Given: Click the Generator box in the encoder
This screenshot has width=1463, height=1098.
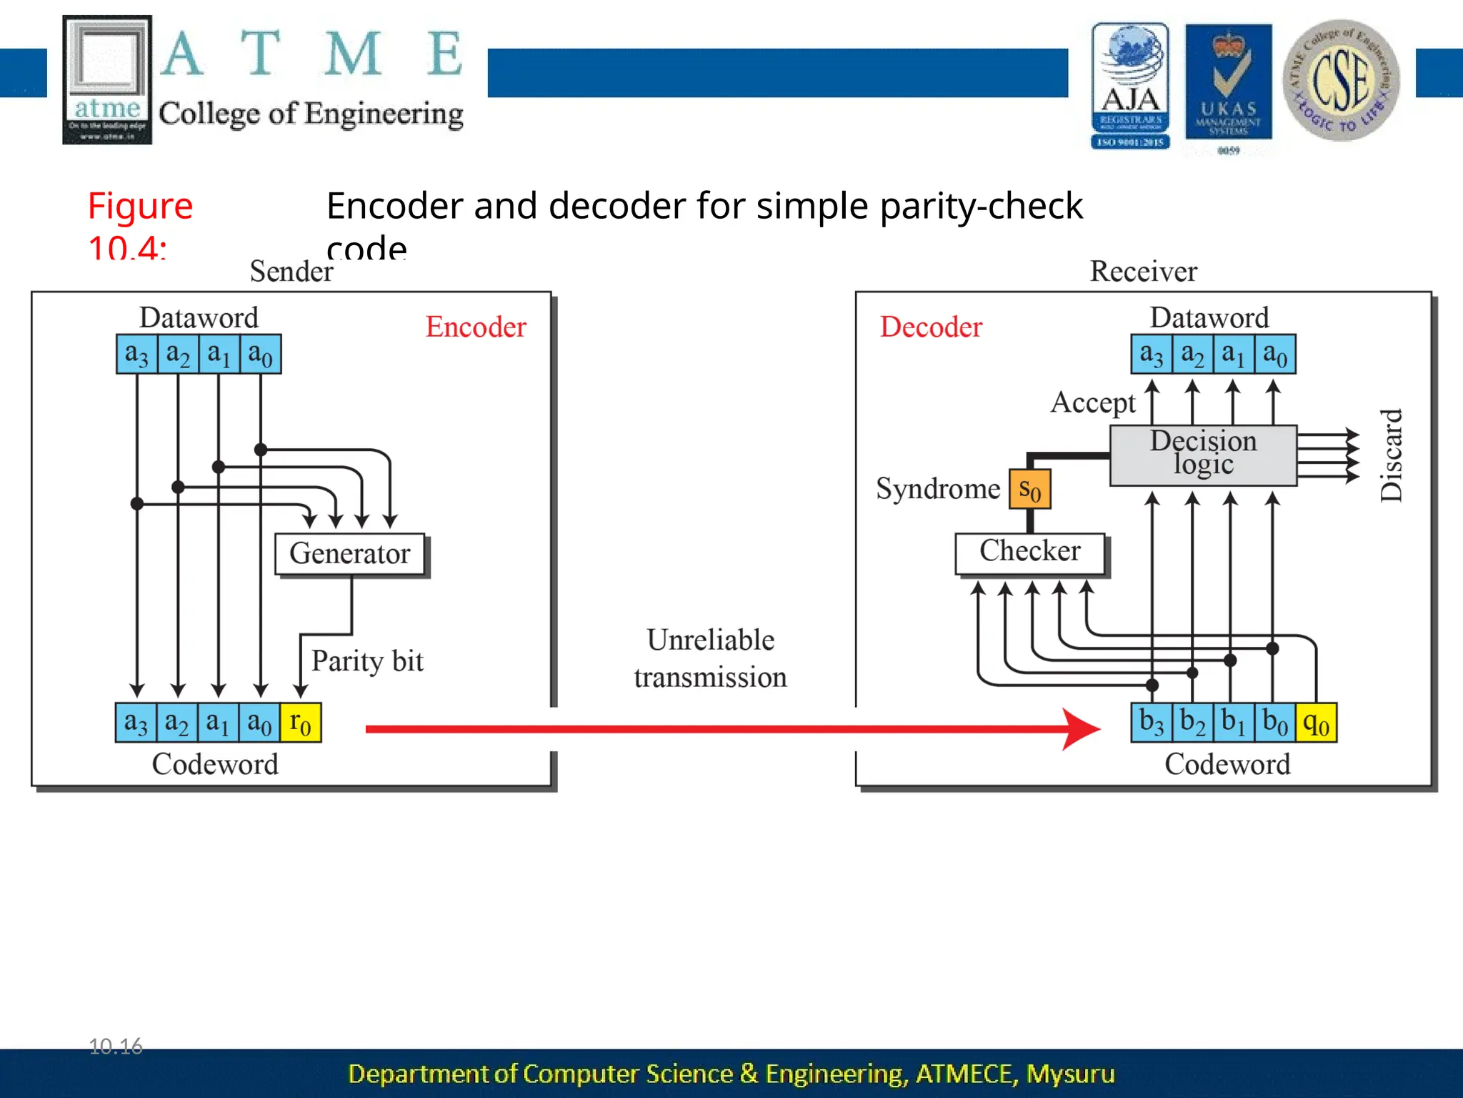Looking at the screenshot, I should click(x=350, y=554).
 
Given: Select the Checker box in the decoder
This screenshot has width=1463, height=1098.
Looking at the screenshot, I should click(x=1029, y=553).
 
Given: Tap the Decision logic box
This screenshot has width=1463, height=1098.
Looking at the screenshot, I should click(x=1203, y=455).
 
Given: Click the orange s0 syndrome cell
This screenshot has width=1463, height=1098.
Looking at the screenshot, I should click(x=1029, y=490).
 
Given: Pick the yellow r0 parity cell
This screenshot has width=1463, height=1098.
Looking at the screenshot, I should click(x=301, y=723).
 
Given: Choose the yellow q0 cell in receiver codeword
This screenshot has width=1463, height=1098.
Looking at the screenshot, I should click(x=1316, y=723).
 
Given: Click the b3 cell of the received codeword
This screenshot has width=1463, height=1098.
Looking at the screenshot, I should click(x=1152, y=723).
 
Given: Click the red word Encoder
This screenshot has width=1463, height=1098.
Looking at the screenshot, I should click(x=476, y=327).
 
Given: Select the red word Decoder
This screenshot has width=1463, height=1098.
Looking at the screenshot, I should click(x=931, y=327).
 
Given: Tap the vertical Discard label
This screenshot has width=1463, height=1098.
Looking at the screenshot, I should click(x=1391, y=455).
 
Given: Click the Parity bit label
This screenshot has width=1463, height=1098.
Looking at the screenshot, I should click(x=367, y=661).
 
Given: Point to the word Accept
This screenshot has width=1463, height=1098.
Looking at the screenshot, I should click(x=1092, y=402).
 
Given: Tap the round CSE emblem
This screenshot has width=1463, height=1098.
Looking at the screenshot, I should click(x=1341, y=81).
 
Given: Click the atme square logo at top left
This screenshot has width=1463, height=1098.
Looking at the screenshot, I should click(x=107, y=79).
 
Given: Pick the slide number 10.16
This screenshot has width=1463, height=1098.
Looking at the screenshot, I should click(x=116, y=1046).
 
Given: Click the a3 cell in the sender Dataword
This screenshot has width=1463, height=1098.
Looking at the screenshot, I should click(x=136, y=354).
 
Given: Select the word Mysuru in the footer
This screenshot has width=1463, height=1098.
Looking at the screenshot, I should click(x=1070, y=1074).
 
